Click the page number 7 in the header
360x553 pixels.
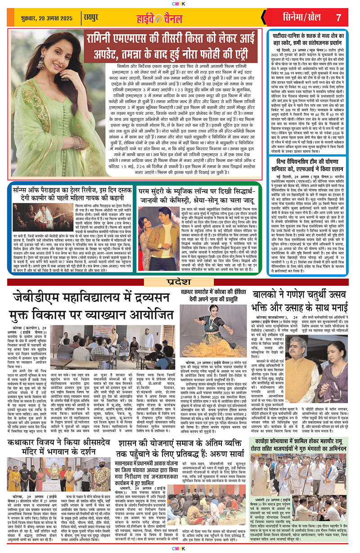tap(339, 18)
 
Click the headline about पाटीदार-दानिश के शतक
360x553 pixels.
tap(308, 42)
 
